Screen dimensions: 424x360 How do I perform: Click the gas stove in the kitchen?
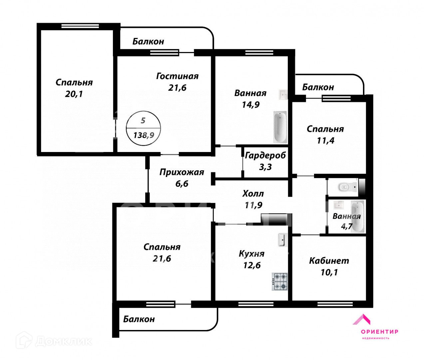point(280,281)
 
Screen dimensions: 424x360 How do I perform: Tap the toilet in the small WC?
point(344,187)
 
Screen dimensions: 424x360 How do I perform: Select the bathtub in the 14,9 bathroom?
point(280,127)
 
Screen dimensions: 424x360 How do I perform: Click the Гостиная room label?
point(177,76)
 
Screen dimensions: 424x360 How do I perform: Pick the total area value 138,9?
point(144,135)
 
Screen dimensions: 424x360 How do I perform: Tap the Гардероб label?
point(265,155)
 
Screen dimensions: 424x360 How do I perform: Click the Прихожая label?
point(182,172)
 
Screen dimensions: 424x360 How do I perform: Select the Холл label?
point(253,194)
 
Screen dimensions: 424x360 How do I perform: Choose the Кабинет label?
point(329,261)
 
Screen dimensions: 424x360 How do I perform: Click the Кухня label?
point(252,254)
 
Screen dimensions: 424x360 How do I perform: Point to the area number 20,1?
point(74,94)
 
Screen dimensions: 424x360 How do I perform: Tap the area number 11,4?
point(325,141)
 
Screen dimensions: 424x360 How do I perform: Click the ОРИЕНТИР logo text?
point(379,331)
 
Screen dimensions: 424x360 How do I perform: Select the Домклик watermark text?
point(63,341)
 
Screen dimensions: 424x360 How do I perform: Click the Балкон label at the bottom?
point(139,319)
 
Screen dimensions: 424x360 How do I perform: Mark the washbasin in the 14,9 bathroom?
point(283,94)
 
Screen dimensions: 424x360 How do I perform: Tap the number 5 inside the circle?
point(143,121)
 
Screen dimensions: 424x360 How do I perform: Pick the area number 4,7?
point(346,227)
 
